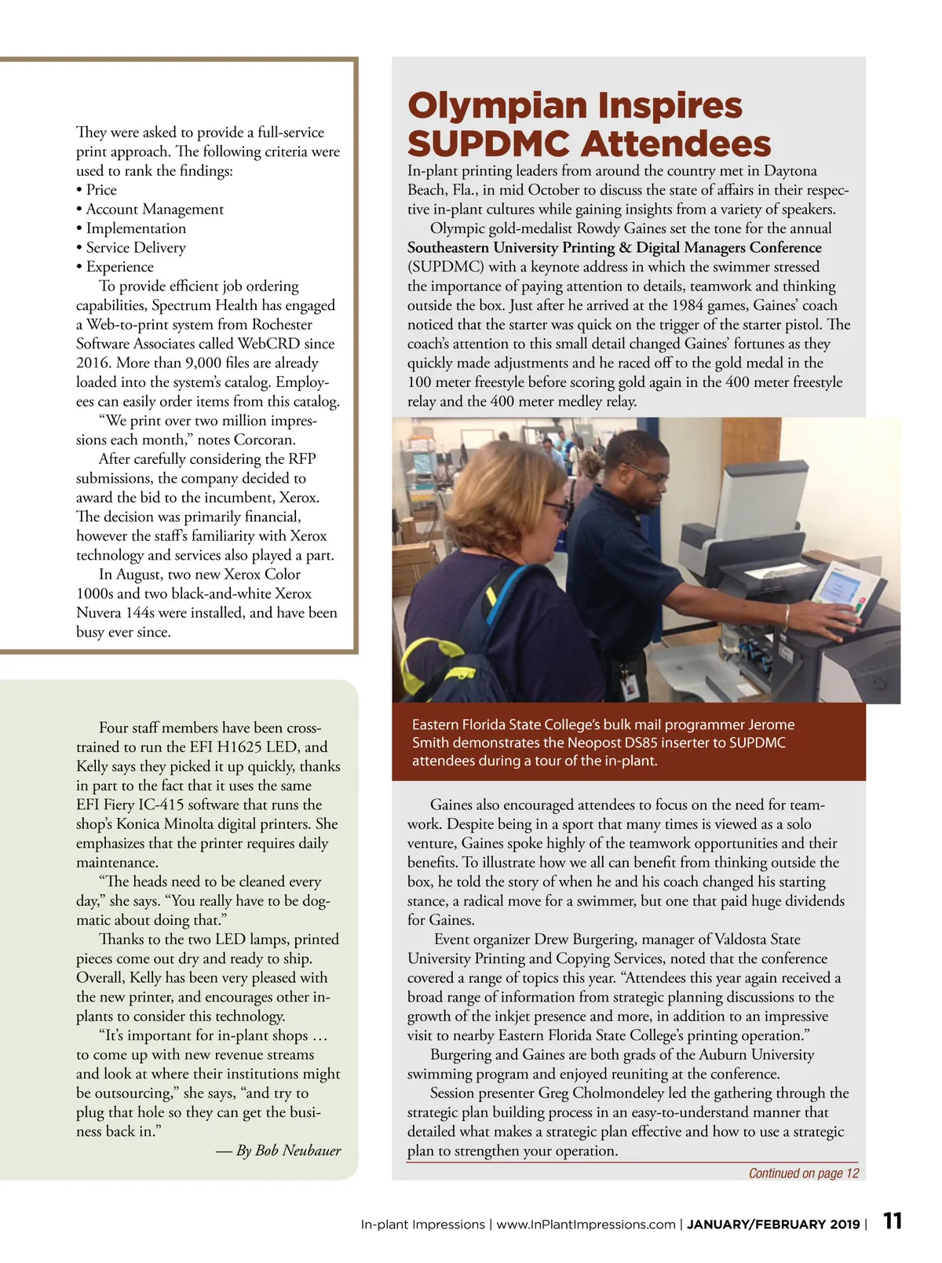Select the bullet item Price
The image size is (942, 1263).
[x=100, y=190]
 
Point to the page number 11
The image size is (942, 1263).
[x=893, y=1221]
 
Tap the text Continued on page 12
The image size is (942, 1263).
[x=803, y=1173]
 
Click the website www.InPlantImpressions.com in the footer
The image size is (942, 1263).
[x=586, y=1224]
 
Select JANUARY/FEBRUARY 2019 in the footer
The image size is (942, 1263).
[x=773, y=1224]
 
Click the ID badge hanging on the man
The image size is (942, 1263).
[x=629, y=685]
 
